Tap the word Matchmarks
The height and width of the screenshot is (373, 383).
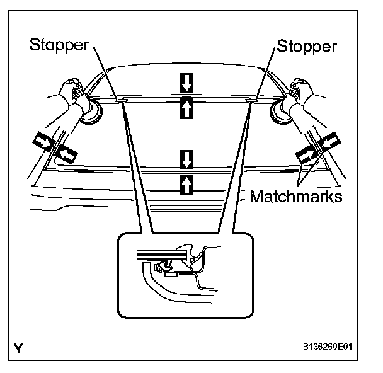pos(296,197)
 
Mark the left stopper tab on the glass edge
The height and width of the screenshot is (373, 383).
pos(122,99)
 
